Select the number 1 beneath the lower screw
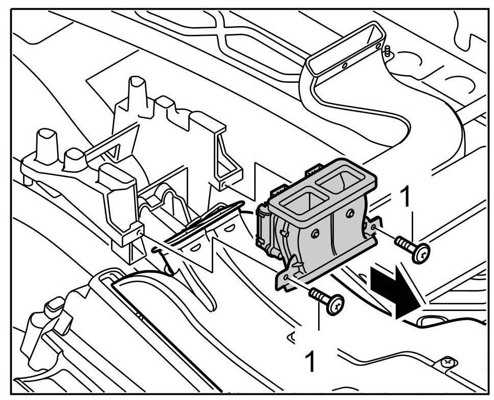pos(310,361)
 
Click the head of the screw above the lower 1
pos(336,305)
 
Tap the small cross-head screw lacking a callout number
pos(448,362)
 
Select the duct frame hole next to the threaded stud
pos(378,47)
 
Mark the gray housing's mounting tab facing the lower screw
pos(286,274)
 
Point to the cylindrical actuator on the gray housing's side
pos(266,230)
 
